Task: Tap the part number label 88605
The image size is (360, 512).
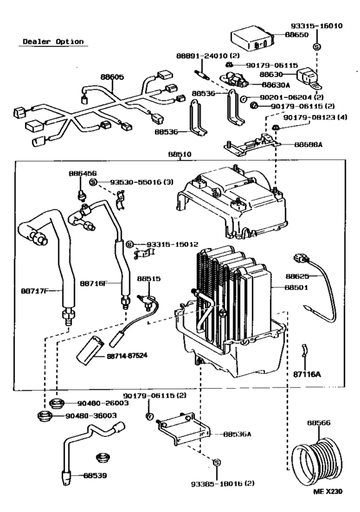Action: [x=112, y=76]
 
